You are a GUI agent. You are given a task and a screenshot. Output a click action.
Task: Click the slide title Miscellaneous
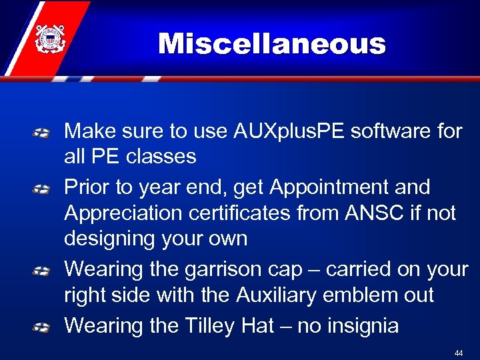click(x=271, y=45)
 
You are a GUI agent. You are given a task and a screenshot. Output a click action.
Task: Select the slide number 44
click(x=458, y=351)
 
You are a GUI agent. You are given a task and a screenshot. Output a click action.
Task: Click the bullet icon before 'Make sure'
click(x=41, y=133)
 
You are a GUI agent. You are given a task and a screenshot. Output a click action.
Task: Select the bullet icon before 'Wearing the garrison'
click(x=41, y=271)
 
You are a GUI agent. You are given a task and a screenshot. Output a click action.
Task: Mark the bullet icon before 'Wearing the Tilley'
click(x=41, y=327)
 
